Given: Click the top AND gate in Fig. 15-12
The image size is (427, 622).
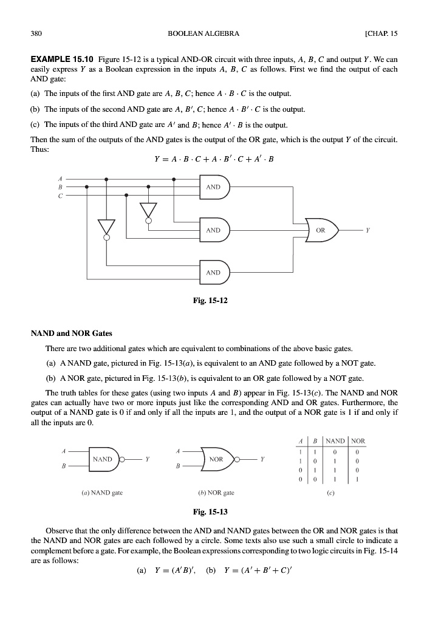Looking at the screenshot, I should click(214, 187).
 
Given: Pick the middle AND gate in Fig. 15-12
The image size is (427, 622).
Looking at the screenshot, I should click(214, 231).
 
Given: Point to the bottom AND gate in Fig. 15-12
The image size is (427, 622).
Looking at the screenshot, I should click(214, 273).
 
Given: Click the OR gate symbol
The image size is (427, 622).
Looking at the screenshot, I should click(320, 231).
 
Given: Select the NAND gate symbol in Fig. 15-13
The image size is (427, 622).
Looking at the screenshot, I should click(104, 459).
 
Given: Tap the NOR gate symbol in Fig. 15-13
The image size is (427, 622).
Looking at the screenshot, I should click(217, 459).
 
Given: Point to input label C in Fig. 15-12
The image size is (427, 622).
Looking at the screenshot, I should click(60, 196).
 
